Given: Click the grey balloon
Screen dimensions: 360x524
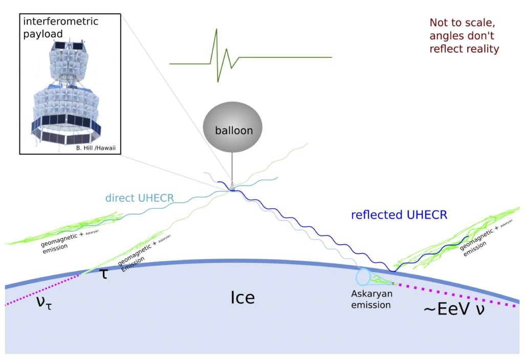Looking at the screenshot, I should pos(233,130).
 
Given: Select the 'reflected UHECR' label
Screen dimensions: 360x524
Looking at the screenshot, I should pos(399,215).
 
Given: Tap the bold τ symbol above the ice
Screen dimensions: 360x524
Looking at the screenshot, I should pos(104,274).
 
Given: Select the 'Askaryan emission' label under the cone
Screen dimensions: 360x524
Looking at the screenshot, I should pos(371,299).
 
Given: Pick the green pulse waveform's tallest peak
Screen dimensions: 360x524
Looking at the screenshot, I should pos(216,31).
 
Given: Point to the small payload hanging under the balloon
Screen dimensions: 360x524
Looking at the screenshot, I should pos(232,187).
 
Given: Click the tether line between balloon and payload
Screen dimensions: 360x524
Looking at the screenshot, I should pos(231,166).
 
